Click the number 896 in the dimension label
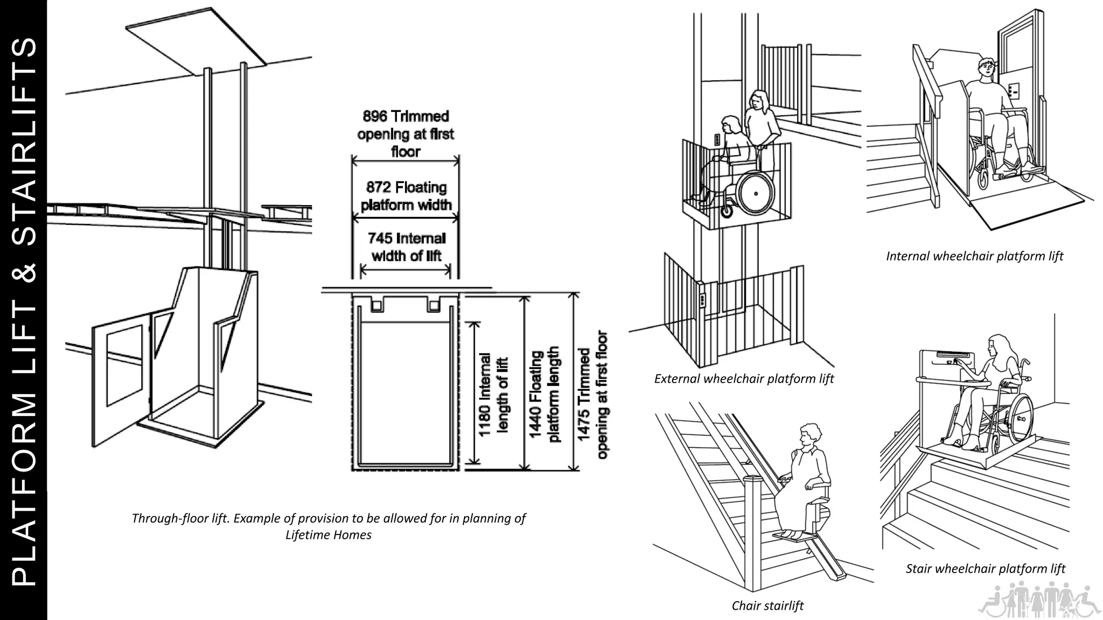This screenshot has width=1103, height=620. (x=375, y=116)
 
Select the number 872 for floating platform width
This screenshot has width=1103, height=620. (x=379, y=187)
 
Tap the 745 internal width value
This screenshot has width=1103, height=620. (x=380, y=238)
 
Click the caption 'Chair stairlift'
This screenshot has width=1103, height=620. (x=767, y=606)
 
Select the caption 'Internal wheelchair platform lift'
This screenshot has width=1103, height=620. (x=974, y=256)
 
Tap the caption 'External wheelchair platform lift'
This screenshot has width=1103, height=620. (x=743, y=379)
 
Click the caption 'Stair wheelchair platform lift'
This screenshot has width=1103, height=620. (x=985, y=569)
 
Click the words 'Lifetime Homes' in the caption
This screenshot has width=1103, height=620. (x=329, y=535)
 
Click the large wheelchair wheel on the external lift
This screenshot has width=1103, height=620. (x=756, y=192)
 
